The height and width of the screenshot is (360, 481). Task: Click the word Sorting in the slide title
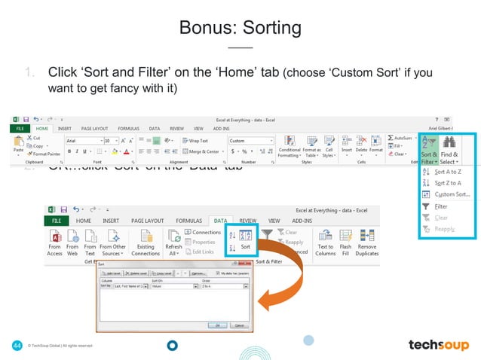[267, 29]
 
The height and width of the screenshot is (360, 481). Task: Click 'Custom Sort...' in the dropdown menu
[452, 194]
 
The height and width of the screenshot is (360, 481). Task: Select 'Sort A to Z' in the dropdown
[449, 172]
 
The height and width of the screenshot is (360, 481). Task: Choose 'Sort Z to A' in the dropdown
[449, 182]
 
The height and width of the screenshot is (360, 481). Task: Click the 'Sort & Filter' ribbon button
[428, 149]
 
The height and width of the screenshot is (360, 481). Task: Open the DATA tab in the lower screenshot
[219, 221]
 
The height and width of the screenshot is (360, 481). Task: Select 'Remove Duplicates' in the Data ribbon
[367, 250]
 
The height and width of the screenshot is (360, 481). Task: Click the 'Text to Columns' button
[325, 250]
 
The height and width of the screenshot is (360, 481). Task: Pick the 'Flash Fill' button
[345, 250]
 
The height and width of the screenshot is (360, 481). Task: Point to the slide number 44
[16, 345]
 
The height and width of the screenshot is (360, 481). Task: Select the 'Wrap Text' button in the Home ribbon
[195, 141]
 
